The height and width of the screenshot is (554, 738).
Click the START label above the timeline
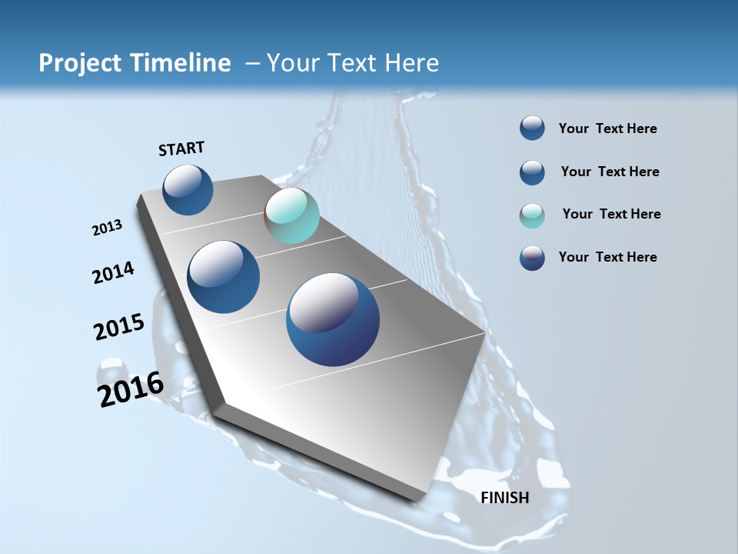click(x=181, y=149)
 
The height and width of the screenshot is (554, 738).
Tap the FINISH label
click(x=505, y=498)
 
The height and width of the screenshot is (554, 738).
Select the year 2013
click(x=108, y=228)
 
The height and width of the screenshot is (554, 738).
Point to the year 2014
click(x=114, y=272)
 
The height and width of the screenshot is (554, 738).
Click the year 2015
click(x=119, y=327)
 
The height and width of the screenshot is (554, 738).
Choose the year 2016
click(x=131, y=389)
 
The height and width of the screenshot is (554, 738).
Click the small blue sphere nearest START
click(x=188, y=189)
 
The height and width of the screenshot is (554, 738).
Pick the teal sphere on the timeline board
click(x=291, y=215)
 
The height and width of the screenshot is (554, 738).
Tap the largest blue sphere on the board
click(x=333, y=319)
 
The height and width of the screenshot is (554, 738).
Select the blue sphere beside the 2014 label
click(x=224, y=277)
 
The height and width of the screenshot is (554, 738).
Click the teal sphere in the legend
click(x=532, y=215)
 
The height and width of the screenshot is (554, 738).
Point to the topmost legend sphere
click(x=532, y=128)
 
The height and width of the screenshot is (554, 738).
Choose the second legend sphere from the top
click(x=532, y=172)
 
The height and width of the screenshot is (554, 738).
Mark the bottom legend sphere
click(x=532, y=258)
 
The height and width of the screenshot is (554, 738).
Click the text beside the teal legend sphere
click(x=611, y=214)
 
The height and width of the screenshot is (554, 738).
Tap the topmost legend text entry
click(x=607, y=128)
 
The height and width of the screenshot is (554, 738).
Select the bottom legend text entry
click(x=607, y=257)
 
